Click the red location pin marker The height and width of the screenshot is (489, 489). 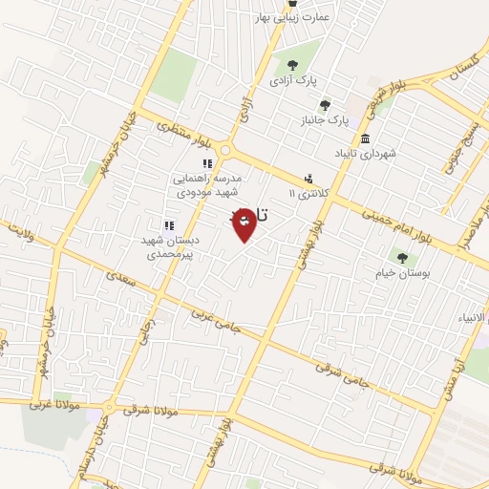[x=244, y=223]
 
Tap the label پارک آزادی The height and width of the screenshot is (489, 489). [x=292, y=82]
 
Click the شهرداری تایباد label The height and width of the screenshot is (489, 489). [x=366, y=153]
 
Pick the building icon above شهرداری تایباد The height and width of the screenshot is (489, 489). [x=366, y=138]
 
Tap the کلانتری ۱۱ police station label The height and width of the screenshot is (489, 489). [x=308, y=194]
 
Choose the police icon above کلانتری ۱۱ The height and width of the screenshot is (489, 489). [x=308, y=178]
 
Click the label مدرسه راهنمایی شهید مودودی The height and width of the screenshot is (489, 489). [x=208, y=184]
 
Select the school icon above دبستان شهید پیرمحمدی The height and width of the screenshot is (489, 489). [x=168, y=225]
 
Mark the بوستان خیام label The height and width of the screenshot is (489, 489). [x=402, y=272]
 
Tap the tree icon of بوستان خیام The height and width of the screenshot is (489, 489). [x=402, y=256]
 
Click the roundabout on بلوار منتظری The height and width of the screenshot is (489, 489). [x=226, y=150]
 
